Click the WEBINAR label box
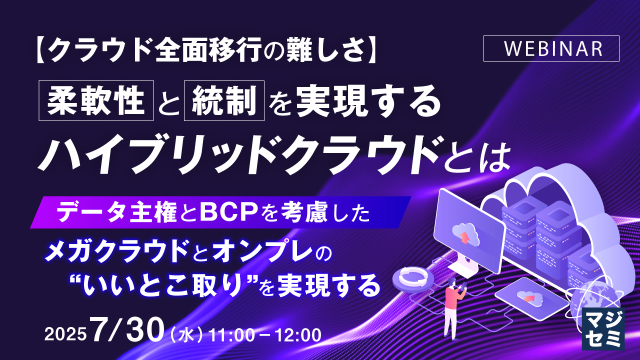pyautogui.click(x=551, y=48)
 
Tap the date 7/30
pyautogui.click(x=127, y=330)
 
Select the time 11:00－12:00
pyautogui.click(x=264, y=334)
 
